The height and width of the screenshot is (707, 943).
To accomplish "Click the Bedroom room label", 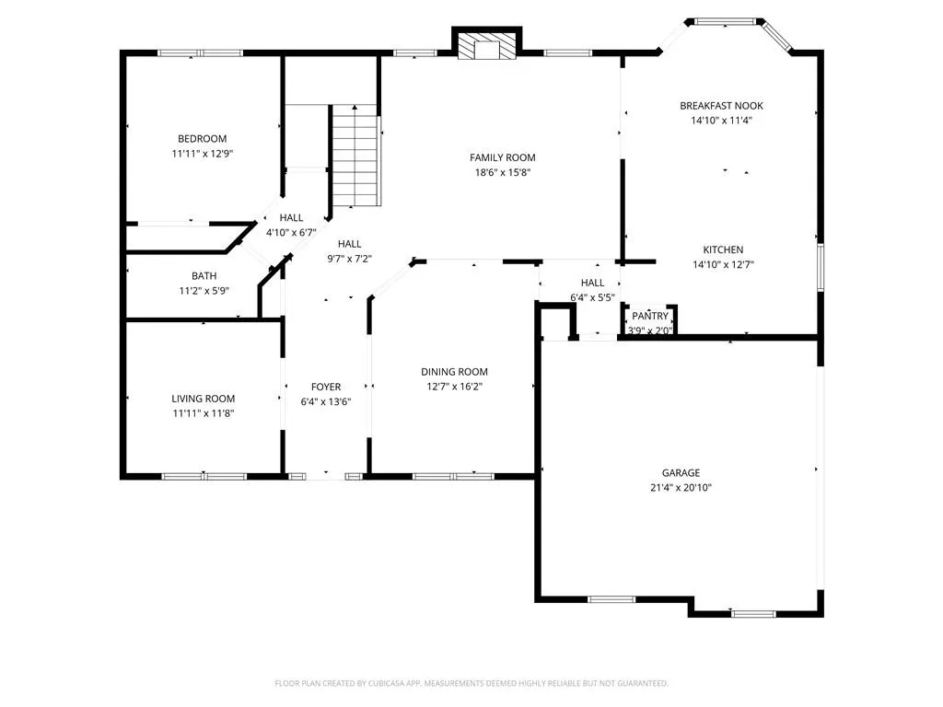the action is tap(202, 139).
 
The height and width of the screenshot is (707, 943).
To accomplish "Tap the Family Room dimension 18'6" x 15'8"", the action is tap(503, 172).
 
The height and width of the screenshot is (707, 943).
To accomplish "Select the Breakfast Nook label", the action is tap(722, 106).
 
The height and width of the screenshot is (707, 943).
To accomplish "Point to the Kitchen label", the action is tap(723, 249).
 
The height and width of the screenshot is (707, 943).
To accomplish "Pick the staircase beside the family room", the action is tap(355, 156).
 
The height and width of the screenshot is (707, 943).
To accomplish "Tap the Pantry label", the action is tap(650, 316).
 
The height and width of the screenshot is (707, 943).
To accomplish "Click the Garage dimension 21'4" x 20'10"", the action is tap(681, 488).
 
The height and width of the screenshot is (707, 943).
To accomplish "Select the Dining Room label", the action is tap(454, 372).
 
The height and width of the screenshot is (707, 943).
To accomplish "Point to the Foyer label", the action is tap(326, 388).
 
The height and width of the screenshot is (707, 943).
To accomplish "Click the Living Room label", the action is tap(204, 399).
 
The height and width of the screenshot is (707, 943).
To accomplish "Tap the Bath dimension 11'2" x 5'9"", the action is tap(204, 291).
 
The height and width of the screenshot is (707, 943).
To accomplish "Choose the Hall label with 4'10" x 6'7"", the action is tap(291, 217).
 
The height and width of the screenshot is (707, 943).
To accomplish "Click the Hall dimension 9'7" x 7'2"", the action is tap(349, 259).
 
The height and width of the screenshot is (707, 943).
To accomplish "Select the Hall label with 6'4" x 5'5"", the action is tap(592, 283).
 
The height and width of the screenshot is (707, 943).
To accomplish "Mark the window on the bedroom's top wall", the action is tap(200, 52).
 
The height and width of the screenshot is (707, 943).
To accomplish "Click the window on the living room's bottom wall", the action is tap(204, 477).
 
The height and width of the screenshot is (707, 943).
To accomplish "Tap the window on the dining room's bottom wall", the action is tap(453, 477).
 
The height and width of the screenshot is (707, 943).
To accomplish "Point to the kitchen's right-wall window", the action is tap(821, 268).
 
